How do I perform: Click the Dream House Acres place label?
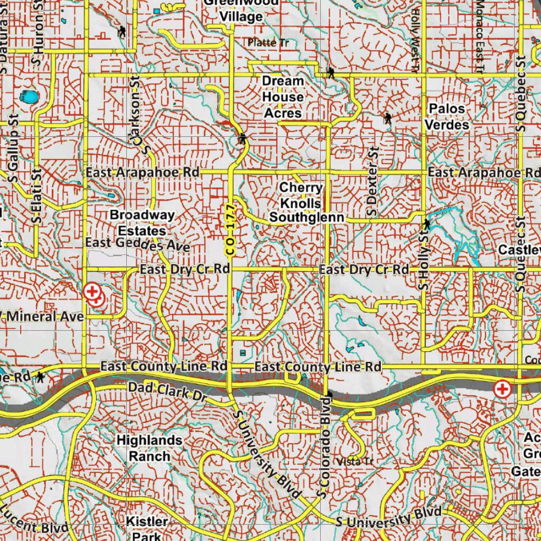pos(283,97)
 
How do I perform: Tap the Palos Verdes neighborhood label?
pos(447,117)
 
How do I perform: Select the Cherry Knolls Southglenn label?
pos(306,203)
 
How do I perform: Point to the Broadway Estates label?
pos(142,223)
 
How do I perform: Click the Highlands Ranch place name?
pos(150,448)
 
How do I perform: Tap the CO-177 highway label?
pos(229,230)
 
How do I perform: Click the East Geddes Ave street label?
pos(137,244)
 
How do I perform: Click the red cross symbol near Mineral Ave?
pos(92,292)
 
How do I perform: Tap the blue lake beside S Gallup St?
pos(27,97)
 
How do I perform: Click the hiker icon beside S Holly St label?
pos(426,224)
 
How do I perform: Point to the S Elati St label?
pos(36,195)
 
